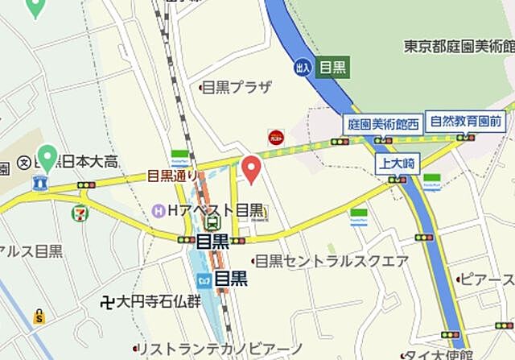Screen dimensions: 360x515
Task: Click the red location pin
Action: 252,168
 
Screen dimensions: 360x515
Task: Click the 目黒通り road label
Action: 172,176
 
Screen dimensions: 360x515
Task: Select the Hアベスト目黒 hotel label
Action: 215,209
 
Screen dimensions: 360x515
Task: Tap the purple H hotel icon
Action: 159,210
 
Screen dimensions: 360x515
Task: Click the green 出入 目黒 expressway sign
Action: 321,68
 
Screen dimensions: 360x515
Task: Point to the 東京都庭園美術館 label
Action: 459,47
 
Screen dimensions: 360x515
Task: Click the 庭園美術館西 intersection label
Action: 382,124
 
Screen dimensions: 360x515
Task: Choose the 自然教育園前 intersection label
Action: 467,122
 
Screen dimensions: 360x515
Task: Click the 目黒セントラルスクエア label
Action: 332,260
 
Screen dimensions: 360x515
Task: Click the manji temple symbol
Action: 107,303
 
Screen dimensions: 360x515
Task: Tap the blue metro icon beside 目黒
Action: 204,278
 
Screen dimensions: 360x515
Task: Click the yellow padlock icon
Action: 39,317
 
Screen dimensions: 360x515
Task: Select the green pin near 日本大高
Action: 47,156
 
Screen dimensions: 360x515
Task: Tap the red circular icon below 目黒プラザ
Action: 275,138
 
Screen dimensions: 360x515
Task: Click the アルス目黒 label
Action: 32,250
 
